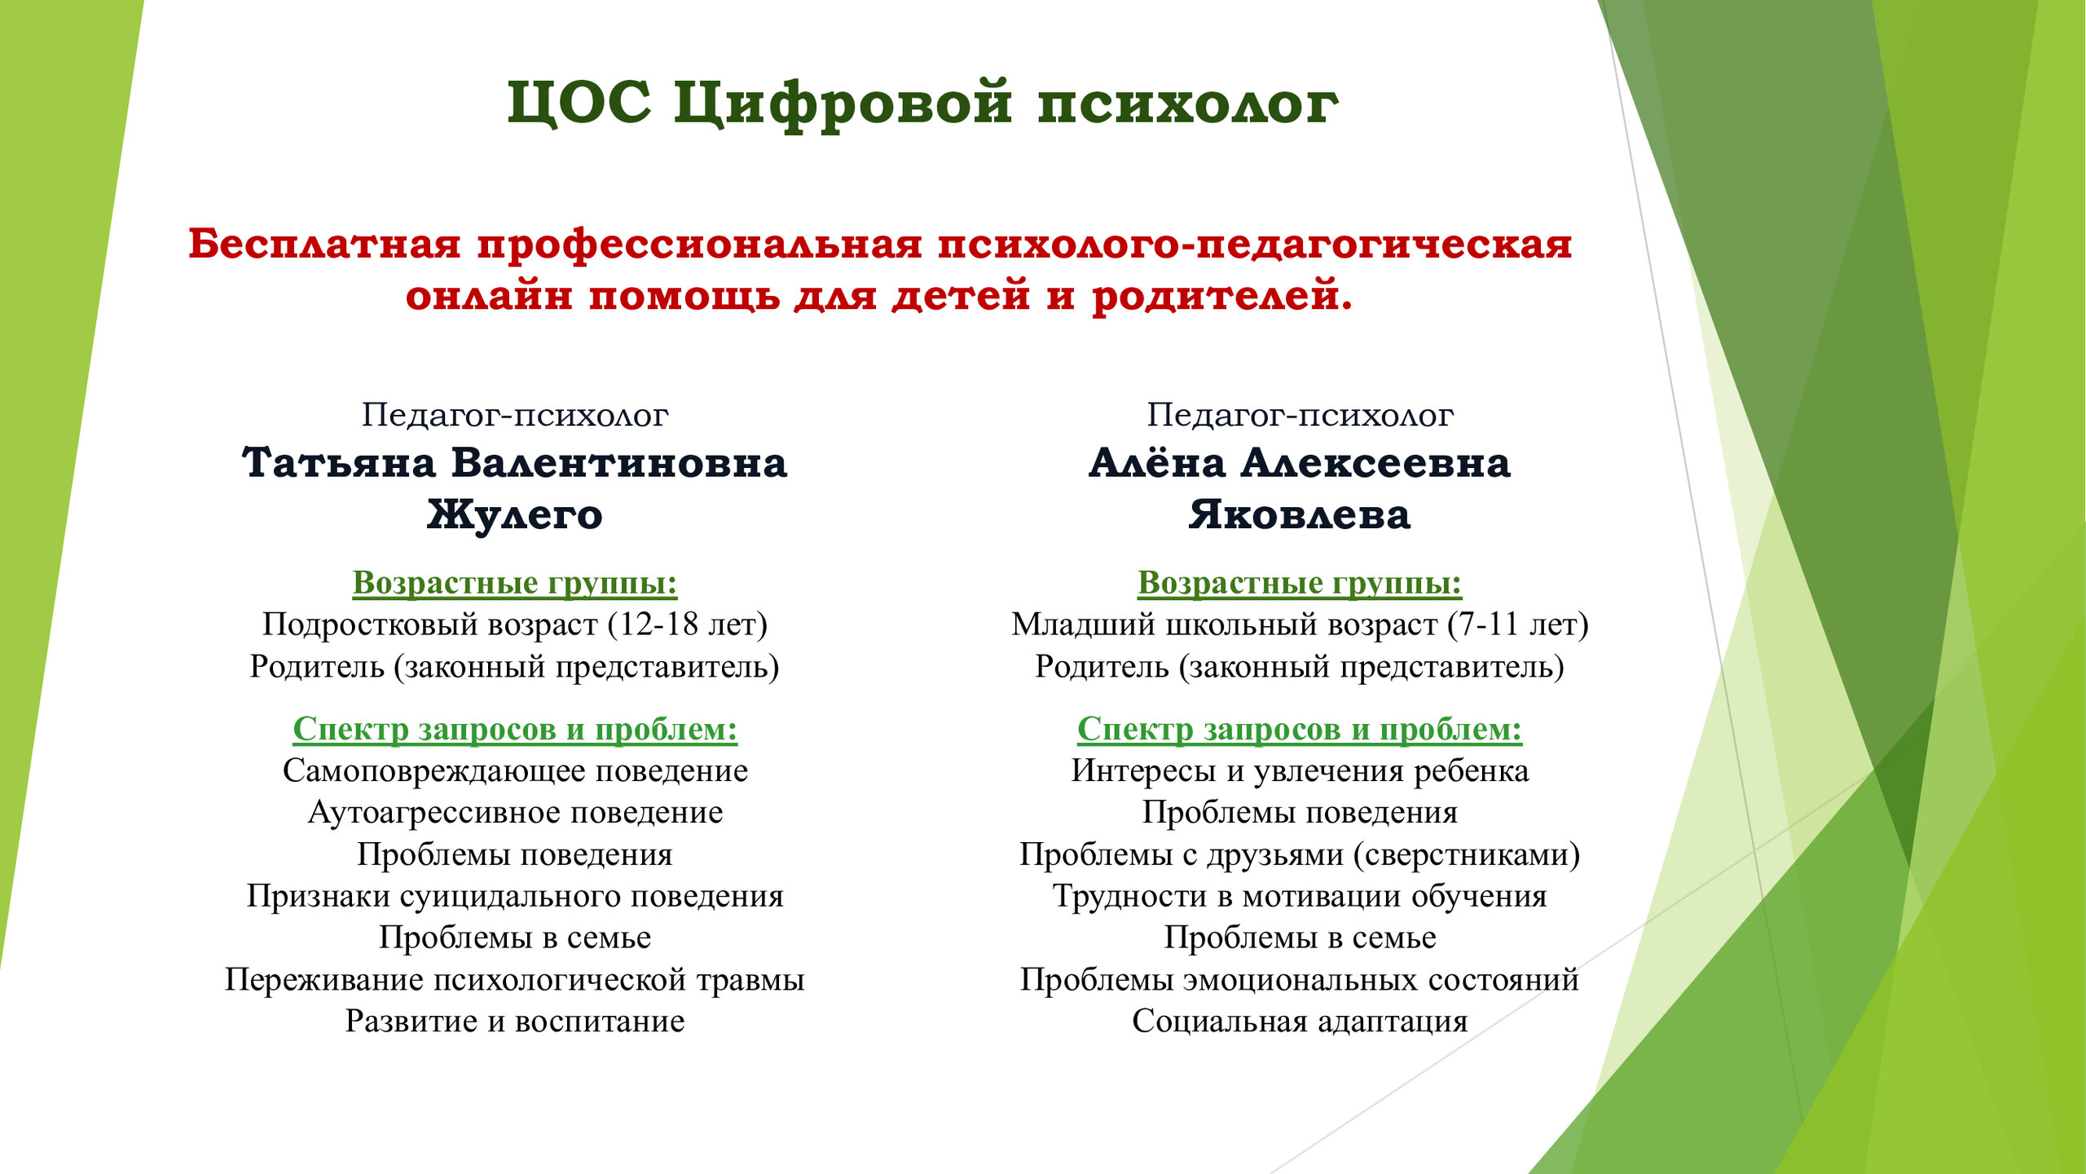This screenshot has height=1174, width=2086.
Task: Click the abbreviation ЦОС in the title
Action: pyautogui.click(x=579, y=104)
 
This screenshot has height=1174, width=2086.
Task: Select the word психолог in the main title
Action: pyautogui.click(x=1187, y=105)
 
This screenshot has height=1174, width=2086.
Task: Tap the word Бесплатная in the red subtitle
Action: pyautogui.click(x=325, y=244)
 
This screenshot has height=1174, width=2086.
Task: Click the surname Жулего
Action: pyautogui.click(x=515, y=514)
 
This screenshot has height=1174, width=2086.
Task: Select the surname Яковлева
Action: pyautogui.click(x=1299, y=514)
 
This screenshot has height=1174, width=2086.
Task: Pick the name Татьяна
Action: pyautogui.click(x=339, y=463)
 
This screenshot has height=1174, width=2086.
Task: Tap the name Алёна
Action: pyautogui.click(x=1157, y=463)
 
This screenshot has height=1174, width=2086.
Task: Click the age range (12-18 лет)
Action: pyautogui.click(x=688, y=625)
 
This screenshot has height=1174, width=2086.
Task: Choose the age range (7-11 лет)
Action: pyautogui.click(x=1518, y=625)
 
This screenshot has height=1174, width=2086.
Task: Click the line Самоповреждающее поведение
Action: pyautogui.click(x=515, y=770)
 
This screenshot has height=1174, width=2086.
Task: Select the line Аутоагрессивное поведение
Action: pyautogui.click(x=515, y=812)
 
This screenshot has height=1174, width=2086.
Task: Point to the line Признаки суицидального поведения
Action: pyautogui.click(x=515, y=896)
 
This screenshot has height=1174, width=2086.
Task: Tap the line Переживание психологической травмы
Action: pyautogui.click(x=515, y=979)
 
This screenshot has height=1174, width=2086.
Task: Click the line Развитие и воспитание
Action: pyautogui.click(x=515, y=1021)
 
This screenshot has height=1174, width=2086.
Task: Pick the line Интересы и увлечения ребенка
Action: pyautogui.click(x=1300, y=770)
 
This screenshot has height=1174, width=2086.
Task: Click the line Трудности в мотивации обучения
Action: pyautogui.click(x=1300, y=896)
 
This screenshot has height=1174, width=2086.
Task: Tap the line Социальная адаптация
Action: pyautogui.click(x=1300, y=1021)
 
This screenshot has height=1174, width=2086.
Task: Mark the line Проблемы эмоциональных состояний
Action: pyautogui.click(x=1300, y=979)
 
